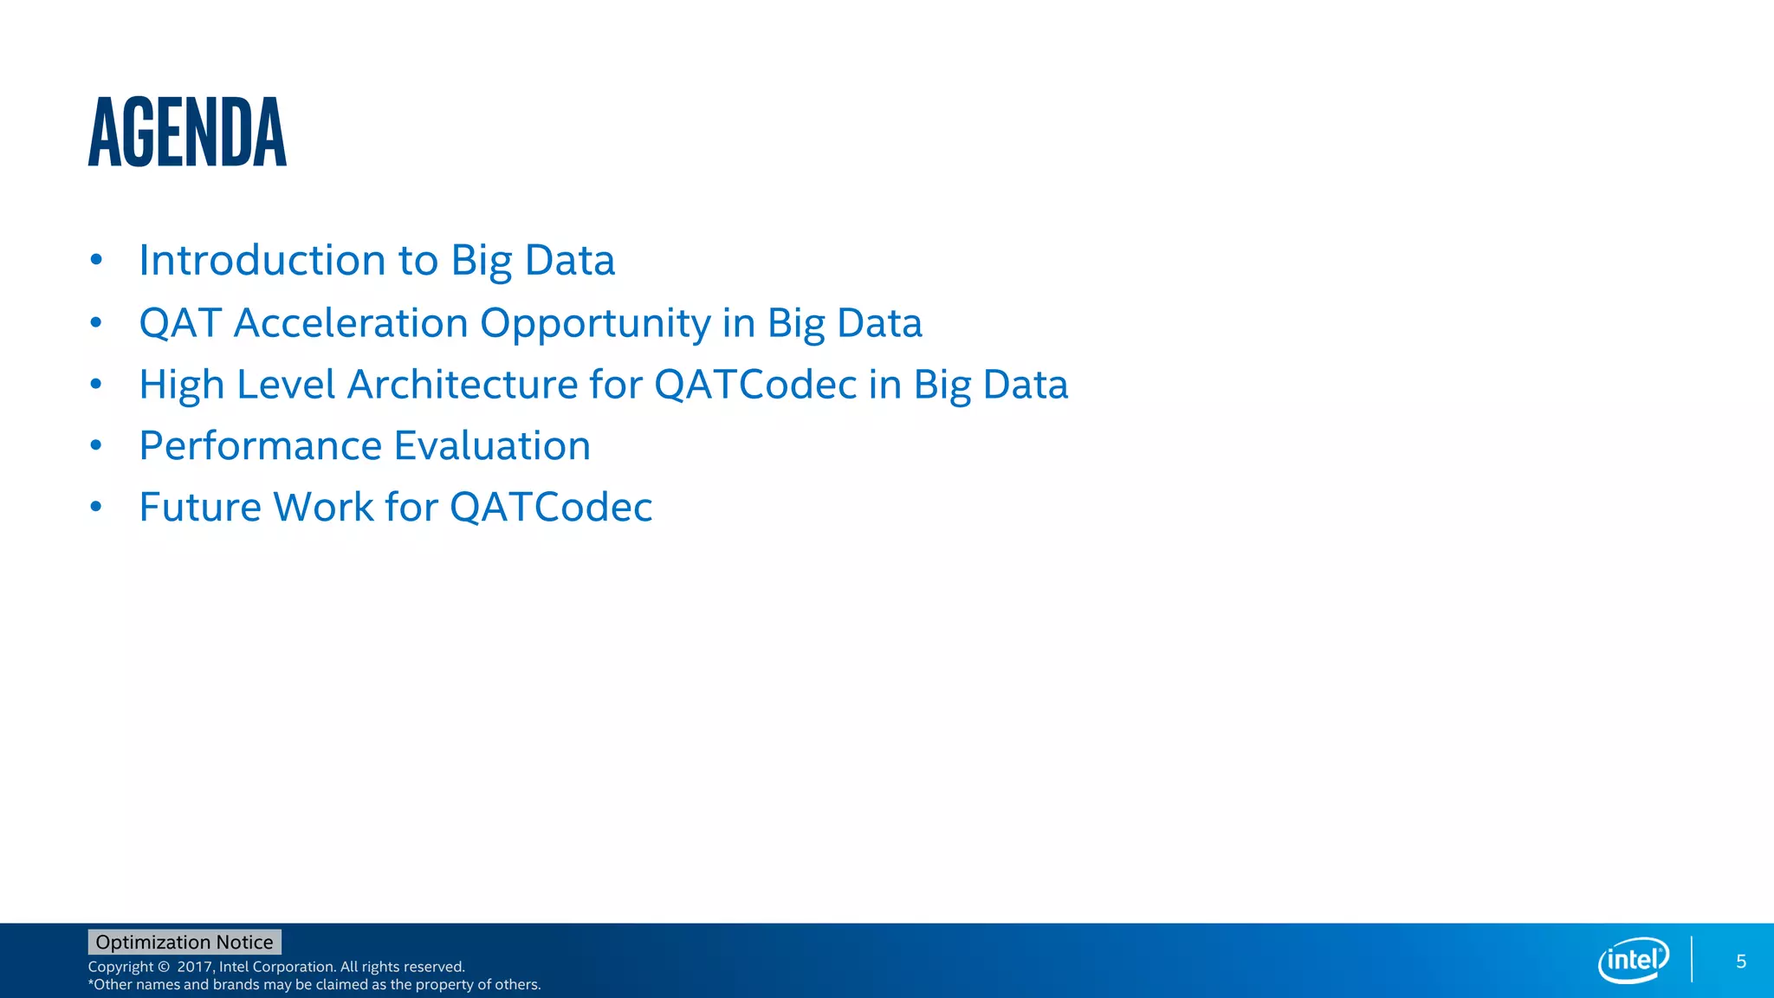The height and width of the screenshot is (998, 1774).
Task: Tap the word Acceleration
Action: point(351,323)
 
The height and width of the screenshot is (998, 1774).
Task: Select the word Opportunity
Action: point(595,323)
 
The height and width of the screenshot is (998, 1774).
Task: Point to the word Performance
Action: point(260,446)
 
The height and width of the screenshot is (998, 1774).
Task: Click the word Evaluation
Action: point(492,446)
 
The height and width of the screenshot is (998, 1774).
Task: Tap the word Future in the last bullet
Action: point(200,508)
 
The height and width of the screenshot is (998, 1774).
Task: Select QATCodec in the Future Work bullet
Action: point(551,508)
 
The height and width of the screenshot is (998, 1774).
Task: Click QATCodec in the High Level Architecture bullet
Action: point(755,385)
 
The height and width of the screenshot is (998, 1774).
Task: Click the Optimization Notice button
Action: point(185,942)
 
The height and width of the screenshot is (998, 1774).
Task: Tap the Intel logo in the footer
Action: point(1633,960)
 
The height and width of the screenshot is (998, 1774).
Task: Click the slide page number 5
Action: point(1741,962)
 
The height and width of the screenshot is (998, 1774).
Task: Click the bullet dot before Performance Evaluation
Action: point(96,446)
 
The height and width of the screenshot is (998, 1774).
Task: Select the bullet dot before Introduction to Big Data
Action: point(96,260)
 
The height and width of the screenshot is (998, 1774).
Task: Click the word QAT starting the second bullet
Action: point(180,323)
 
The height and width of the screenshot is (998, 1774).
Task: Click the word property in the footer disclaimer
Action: point(445,985)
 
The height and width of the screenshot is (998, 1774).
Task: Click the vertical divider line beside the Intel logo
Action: point(1692,960)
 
